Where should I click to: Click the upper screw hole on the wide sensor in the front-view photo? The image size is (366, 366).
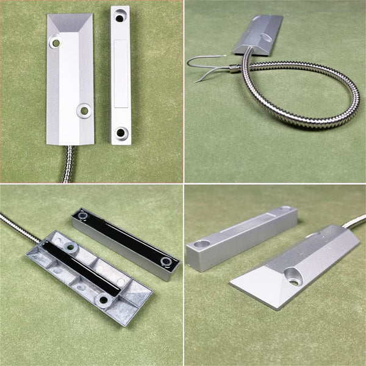tap(56, 43)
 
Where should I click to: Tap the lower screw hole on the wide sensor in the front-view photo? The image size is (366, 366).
tap(84, 110)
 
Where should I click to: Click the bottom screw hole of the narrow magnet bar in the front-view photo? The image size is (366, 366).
tap(121, 132)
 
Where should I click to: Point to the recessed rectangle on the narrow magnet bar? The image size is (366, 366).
tap(121, 74)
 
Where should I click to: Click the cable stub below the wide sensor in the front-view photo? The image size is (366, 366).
tap(67, 163)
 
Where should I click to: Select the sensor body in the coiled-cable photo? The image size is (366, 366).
tap(259, 34)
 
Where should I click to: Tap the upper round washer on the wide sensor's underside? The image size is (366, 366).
tap(70, 247)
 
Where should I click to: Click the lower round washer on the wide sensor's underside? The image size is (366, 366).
tap(104, 299)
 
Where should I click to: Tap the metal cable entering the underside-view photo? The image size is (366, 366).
tap(15, 226)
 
